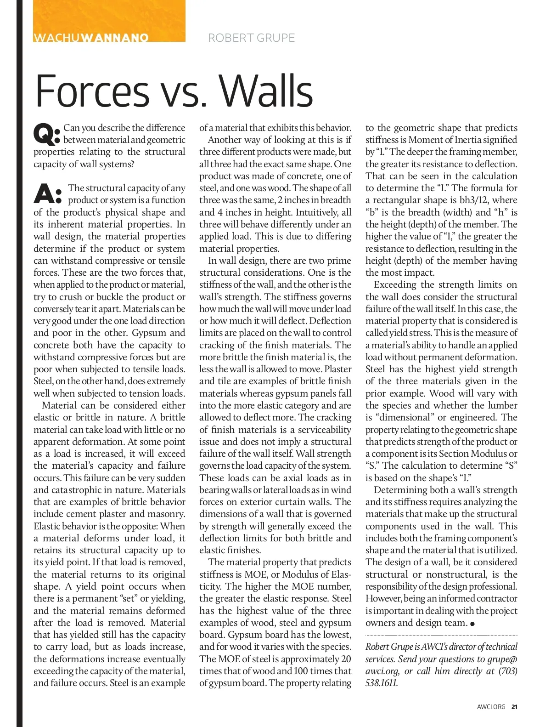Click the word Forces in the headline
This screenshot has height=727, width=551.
tap(92, 91)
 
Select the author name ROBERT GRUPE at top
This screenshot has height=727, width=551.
tap(251, 38)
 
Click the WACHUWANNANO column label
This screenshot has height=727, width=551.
tap(91, 38)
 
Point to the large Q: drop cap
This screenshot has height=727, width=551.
tap(47, 134)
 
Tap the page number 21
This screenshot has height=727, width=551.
tap(514, 707)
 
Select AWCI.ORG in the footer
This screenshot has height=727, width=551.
tap(491, 707)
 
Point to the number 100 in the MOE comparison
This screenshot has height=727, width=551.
tap(301, 671)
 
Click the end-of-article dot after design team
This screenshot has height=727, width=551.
tap(472, 624)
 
